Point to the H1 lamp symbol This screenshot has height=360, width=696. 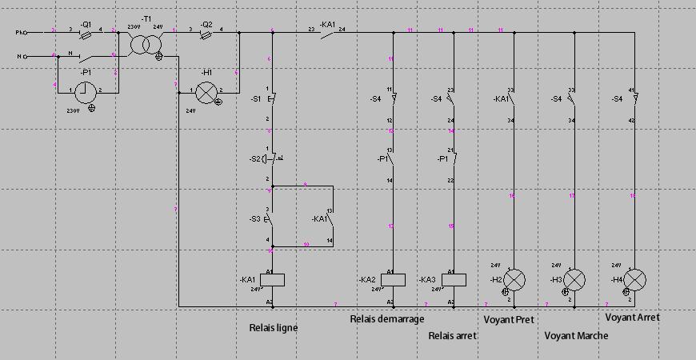coord(207,93)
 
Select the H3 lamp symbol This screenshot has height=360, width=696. coord(574,280)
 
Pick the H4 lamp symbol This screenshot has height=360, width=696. coord(634,280)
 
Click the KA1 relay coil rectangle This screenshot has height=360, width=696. coord(273,279)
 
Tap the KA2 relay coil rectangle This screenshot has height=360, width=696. coord(393,279)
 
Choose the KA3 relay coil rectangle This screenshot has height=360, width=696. coord(454,279)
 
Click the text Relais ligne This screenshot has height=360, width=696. coord(273,328)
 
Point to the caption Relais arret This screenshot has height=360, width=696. coord(453,336)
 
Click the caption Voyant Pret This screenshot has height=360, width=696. coord(509,320)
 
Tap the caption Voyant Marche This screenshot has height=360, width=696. coord(576,336)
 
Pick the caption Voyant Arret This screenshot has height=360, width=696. coord(632,318)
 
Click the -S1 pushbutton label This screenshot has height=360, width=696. coord(256,99)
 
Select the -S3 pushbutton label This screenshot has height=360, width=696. coord(255,219)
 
